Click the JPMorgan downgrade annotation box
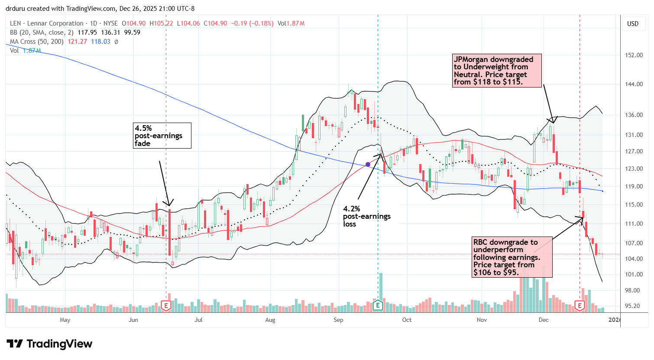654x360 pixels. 497,71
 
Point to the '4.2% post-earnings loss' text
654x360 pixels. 366,216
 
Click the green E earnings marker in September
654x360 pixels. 378,306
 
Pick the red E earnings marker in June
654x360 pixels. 166,306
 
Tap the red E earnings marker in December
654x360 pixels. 580,306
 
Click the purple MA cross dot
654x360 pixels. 368,164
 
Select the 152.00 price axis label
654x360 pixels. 633,55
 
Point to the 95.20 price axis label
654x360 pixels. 633,306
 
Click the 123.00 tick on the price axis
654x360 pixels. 633,169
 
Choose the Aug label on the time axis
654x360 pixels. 270,320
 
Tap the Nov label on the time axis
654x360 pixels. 482,320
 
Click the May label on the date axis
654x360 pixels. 65,320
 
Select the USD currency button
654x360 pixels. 633,24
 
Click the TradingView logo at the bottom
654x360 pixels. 49,344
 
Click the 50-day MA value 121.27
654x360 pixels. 77,42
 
